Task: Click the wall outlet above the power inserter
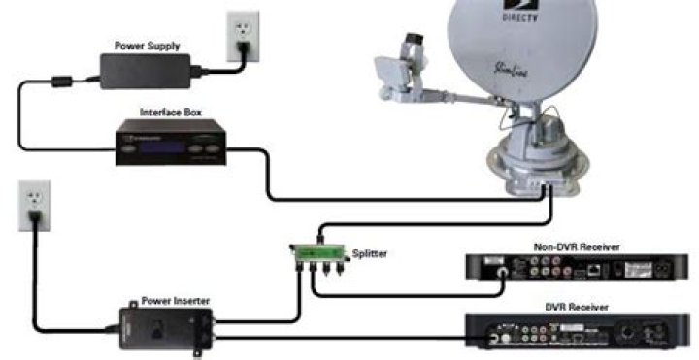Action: pos(34,205)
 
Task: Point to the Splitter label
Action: pos(370,253)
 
